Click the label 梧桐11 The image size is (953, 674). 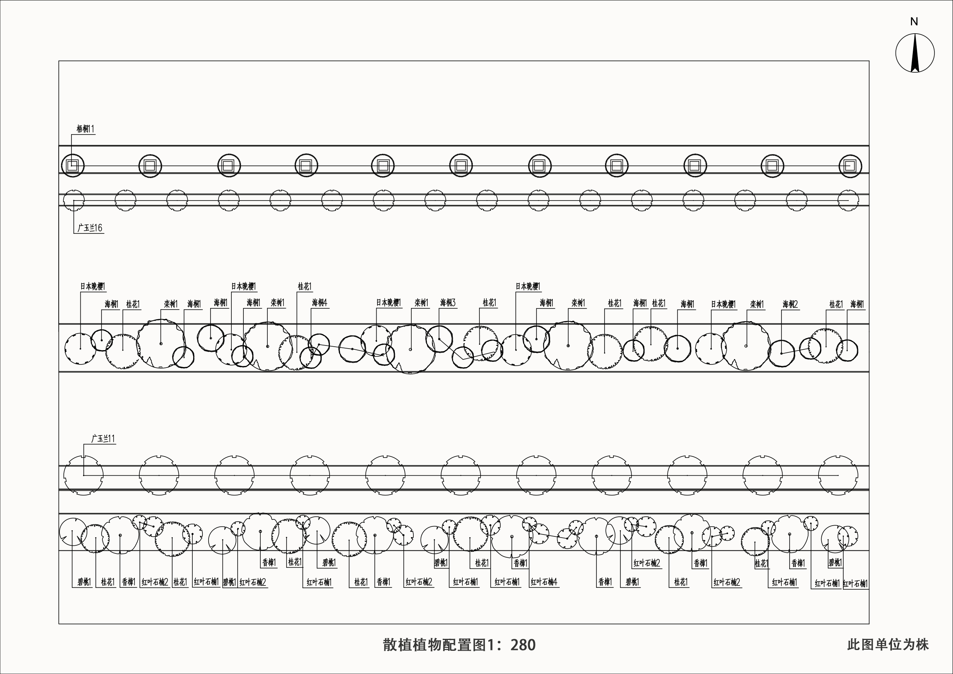(85, 129)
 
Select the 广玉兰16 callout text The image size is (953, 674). (90, 228)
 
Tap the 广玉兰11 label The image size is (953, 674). (103, 439)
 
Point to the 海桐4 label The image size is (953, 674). (319, 303)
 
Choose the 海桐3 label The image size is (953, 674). (448, 303)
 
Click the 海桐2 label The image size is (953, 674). (790, 305)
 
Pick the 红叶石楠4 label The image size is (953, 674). (544, 582)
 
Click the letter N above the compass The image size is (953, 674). (914, 22)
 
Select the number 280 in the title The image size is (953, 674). (523, 645)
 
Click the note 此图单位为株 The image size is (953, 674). (888, 645)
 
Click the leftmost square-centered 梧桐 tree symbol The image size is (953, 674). (73, 166)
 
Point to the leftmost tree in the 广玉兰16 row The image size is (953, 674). (74, 201)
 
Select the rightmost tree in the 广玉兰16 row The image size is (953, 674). (848, 201)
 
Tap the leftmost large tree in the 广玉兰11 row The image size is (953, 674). (83, 475)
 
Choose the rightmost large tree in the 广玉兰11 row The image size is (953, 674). (838, 475)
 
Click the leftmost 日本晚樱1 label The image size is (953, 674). (93, 286)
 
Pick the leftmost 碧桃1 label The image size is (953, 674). (84, 582)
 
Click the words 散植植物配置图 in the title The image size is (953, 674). (434, 645)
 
